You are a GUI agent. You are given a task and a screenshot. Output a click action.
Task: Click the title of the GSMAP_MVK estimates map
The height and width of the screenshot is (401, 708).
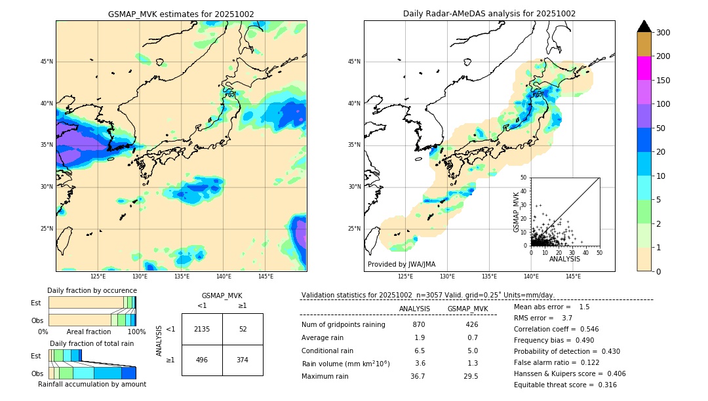click(x=181, y=14)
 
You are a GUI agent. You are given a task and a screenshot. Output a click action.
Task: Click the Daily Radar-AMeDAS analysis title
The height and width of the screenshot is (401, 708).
click(x=489, y=14)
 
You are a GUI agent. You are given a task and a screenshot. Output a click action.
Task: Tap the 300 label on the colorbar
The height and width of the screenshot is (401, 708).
click(x=663, y=33)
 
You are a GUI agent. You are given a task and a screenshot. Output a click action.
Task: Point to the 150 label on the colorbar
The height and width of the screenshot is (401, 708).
click(x=663, y=81)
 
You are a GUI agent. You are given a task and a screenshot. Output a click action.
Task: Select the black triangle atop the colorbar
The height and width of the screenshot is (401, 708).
click(x=644, y=26)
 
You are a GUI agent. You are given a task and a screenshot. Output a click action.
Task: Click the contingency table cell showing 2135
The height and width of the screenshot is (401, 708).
click(x=202, y=329)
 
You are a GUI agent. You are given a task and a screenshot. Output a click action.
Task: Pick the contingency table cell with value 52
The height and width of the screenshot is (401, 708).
click(x=243, y=329)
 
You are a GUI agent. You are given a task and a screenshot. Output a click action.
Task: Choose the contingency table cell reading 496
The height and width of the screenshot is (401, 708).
click(x=202, y=360)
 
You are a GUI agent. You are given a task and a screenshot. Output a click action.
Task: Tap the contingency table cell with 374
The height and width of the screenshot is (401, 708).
click(x=243, y=360)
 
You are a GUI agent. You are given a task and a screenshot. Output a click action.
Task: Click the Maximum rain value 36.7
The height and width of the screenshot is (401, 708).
click(x=418, y=377)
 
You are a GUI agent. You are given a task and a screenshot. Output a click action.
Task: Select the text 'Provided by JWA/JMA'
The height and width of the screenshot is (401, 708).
click(x=401, y=265)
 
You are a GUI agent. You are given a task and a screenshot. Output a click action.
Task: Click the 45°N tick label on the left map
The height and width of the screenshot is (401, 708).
click(x=47, y=62)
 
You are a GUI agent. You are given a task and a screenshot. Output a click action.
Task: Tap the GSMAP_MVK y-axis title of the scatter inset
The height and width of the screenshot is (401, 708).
click(x=517, y=212)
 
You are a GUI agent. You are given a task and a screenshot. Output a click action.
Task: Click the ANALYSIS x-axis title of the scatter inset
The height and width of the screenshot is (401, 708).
click(x=564, y=259)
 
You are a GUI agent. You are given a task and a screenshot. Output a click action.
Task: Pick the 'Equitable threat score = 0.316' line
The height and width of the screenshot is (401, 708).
click(x=565, y=385)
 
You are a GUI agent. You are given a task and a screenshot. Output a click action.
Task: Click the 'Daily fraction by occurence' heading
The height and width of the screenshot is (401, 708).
click(x=92, y=290)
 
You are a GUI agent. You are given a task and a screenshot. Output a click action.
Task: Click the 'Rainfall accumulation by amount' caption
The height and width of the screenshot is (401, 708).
click(x=92, y=385)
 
